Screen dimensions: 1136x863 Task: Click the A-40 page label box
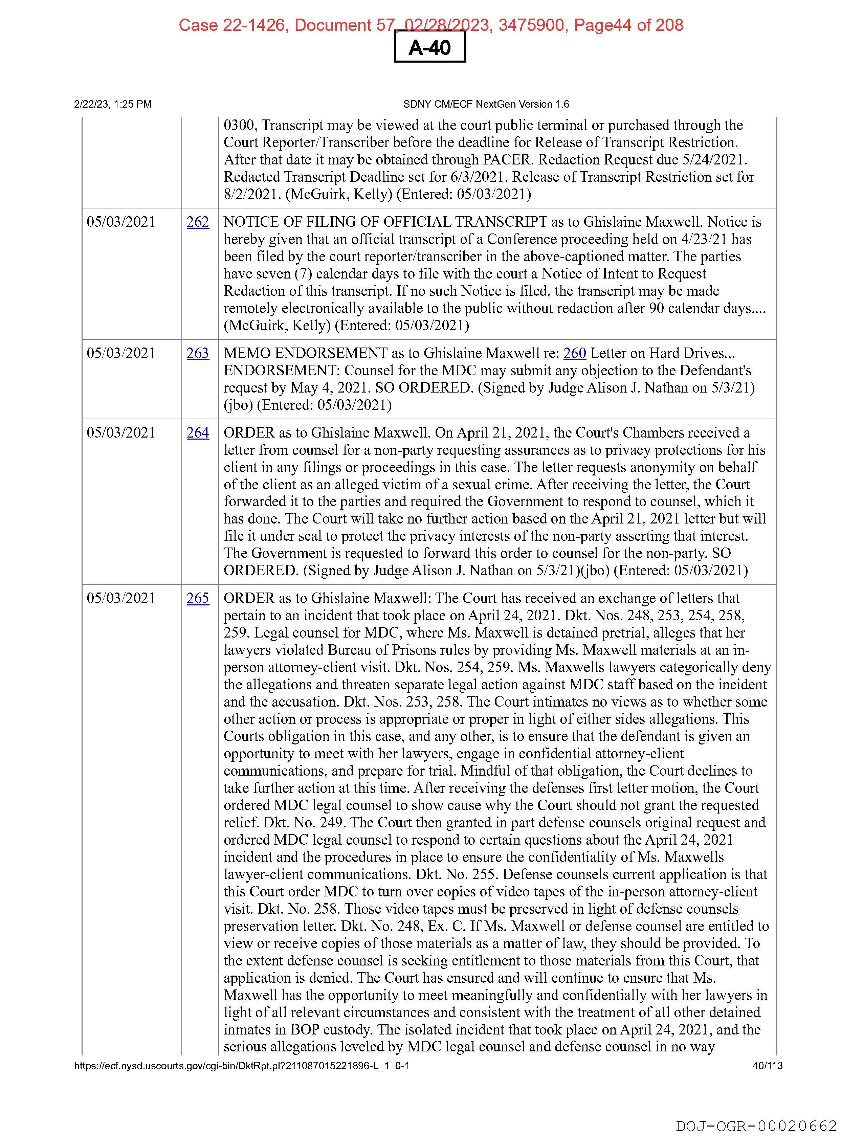(429, 47)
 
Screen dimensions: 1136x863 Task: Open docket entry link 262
(198, 222)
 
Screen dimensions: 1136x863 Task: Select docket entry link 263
(198, 353)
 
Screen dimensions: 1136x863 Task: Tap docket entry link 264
(198, 433)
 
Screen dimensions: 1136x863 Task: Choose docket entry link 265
(198, 598)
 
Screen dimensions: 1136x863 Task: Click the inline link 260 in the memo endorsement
(574, 353)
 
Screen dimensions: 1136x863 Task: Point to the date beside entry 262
(121, 222)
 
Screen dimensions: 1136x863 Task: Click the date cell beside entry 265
(121, 598)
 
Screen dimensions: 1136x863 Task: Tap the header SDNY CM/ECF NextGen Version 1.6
(486, 104)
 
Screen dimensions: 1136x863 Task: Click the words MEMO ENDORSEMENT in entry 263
(305, 353)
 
